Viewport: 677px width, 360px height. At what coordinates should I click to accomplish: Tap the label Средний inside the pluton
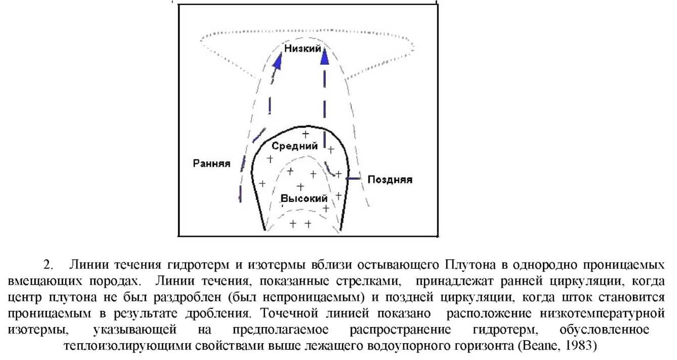(295, 147)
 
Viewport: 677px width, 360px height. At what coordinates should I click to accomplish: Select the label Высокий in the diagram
(304, 198)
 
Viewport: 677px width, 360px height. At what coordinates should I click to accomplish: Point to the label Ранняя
(212, 164)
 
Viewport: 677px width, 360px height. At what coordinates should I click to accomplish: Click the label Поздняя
(390, 180)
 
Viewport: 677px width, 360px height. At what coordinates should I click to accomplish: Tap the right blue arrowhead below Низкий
(325, 57)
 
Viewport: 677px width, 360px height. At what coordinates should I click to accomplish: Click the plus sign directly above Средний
(305, 135)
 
